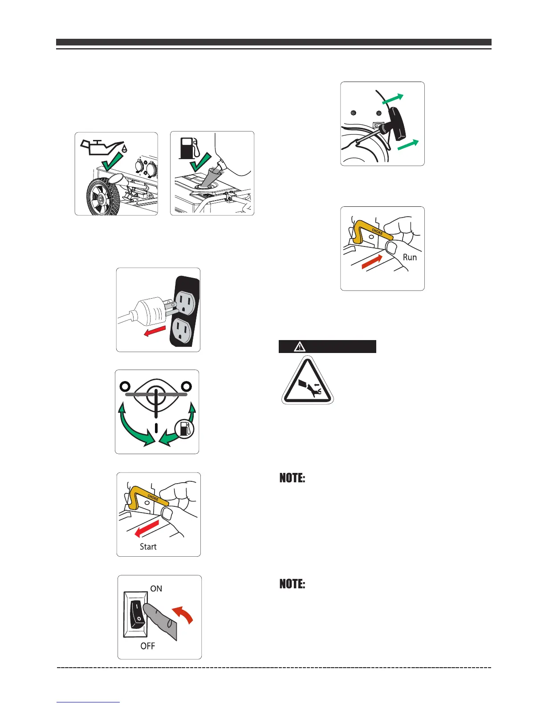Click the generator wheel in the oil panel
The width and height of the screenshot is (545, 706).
coord(102,195)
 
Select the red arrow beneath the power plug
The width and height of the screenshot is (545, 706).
coord(155,332)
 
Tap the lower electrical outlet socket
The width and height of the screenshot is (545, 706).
coord(182,331)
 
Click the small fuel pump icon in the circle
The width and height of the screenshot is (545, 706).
coord(184,429)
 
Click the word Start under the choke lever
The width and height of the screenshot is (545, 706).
coord(148,547)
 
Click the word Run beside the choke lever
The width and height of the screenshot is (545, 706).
coord(410,257)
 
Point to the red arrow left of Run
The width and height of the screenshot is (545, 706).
coord(372,261)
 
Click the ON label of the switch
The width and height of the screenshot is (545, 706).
coord(156,588)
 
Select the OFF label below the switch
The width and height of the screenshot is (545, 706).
coord(148,646)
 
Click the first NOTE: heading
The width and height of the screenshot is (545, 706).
coord(292,478)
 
